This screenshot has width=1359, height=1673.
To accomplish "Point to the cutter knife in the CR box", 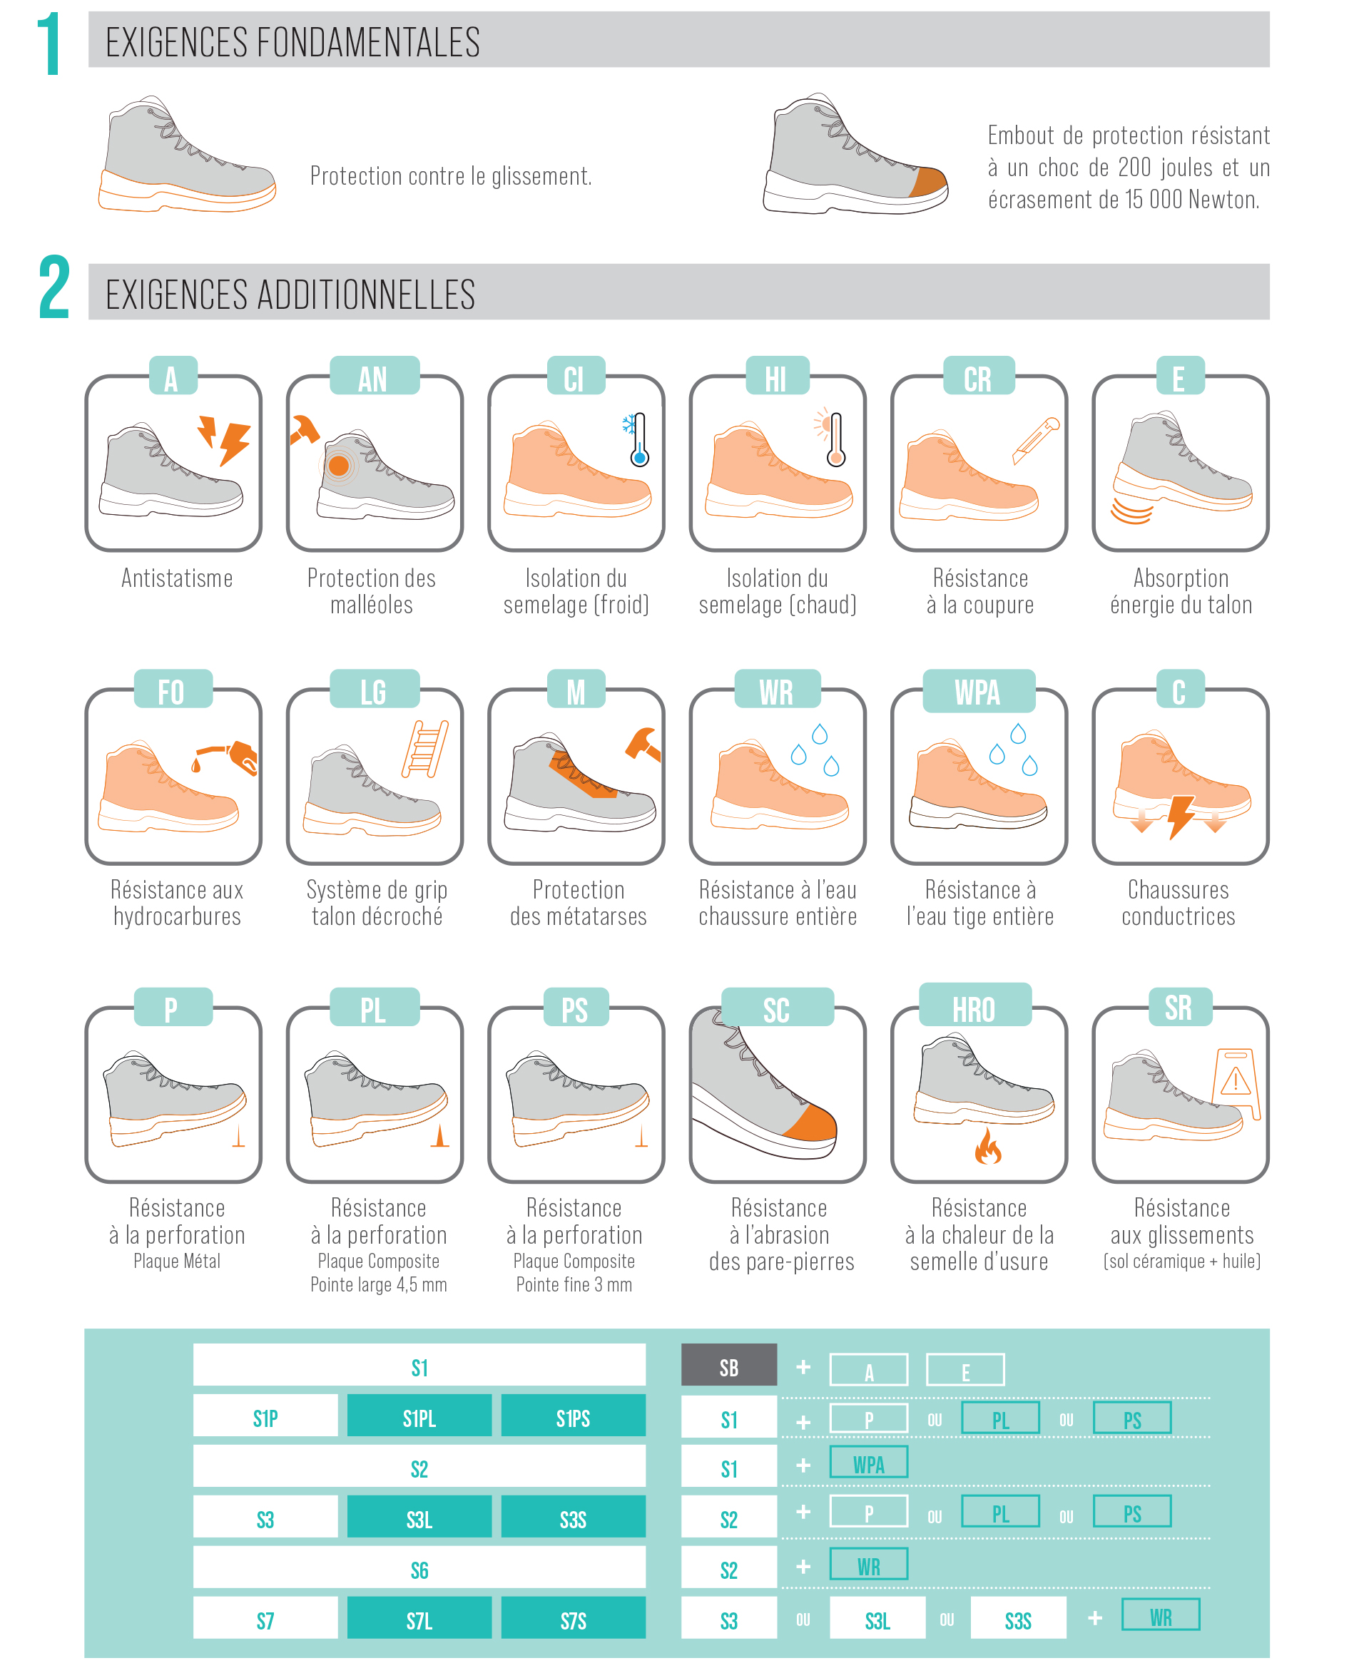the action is pos(1035,440).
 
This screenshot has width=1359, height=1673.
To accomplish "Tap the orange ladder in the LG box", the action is pos(425,748).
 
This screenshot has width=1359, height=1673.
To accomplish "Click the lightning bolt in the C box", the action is pos(1180,817).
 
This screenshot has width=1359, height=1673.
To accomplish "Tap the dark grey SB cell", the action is pos(729,1365).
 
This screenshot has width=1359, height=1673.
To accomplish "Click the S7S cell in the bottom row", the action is pos(573,1617).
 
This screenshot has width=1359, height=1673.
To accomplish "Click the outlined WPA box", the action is pos(868,1462).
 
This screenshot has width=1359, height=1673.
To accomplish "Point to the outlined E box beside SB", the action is pos(965,1369).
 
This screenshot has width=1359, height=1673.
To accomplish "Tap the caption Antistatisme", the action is pos(177,578).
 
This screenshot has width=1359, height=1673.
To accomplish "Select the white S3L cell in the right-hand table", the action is pos(877,1617).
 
